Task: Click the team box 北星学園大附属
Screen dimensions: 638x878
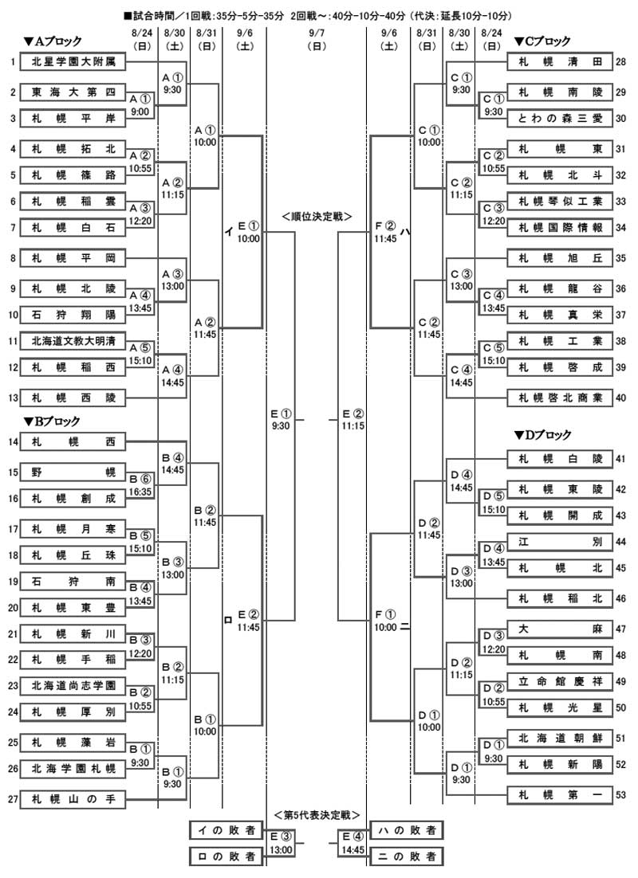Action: [x=73, y=62]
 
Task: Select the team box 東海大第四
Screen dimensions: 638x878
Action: [x=73, y=92]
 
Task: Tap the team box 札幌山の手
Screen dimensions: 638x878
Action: [x=73, y=799]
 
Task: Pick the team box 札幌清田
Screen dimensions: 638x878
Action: [x=560, y=62]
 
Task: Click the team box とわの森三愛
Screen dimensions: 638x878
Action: [x=560, y=118]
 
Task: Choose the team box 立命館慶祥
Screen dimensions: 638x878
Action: [x=560, y=681]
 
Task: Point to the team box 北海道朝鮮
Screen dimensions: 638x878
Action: [x=560, y=738]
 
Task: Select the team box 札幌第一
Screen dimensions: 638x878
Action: [x=560, y=794]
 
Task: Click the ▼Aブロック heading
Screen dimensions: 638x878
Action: [x=53, y=41]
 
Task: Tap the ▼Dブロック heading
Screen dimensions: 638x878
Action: [x=542, y=434]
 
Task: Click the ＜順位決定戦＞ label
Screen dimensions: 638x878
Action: [x=317, y=216]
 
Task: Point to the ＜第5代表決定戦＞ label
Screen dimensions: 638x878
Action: [x=317, y=815]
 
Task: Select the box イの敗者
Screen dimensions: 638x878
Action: [x=226, y=830]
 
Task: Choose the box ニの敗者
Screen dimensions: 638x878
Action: [x=407, y=856]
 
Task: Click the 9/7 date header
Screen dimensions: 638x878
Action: [x=317, y=39]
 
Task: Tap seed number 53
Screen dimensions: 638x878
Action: [x=620, y=794]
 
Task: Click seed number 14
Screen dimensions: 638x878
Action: [x=13, y=442]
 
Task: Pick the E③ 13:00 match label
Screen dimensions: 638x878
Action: [x=281, y=843]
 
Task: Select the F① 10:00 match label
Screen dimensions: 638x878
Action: [x=385, y=621]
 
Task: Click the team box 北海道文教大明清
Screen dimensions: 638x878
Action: [x=73, y=341]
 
